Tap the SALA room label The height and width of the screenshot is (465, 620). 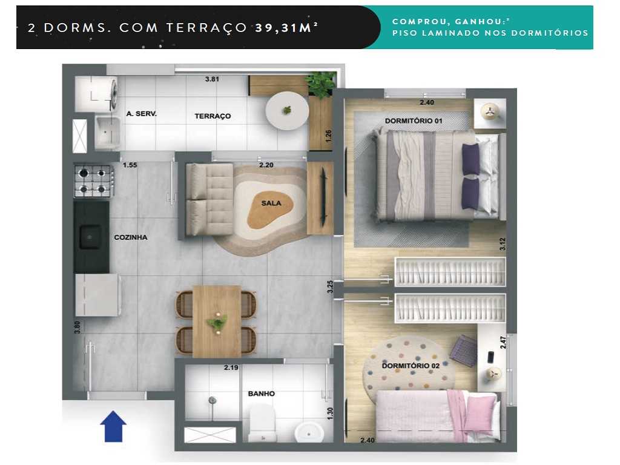point(271,203)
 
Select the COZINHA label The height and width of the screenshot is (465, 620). point(131,237)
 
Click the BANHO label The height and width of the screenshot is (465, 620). point(261,394)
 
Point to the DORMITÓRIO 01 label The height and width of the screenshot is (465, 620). point(414,121)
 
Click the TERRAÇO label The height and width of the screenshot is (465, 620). point(212,116)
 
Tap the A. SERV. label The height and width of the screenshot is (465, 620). point(142,113)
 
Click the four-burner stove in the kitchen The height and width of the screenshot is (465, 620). point(94,181)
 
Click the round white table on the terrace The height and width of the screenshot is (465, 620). point(287,110)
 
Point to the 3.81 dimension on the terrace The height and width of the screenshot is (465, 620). point(212,79)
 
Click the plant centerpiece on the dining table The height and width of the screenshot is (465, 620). point(216,322)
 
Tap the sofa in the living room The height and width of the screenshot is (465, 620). point(209,200)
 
